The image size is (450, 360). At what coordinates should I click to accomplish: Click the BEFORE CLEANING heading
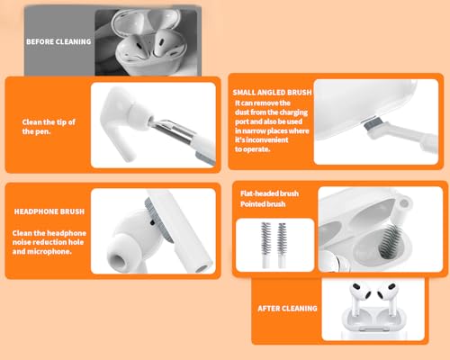[58, 41]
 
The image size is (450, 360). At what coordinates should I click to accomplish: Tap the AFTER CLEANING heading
[287, 309]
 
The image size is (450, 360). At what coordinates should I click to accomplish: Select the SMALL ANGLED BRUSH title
[273, 93]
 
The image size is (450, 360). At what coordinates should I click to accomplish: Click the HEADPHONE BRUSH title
[49, 211]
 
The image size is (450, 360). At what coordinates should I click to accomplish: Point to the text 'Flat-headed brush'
[269, 193]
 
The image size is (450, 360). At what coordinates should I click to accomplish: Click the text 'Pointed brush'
[263, 204]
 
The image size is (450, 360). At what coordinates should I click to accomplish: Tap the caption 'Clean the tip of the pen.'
[49, 127]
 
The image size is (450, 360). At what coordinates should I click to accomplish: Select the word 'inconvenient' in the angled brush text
[267, 139]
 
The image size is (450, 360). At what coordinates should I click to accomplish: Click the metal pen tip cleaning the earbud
[171, 130]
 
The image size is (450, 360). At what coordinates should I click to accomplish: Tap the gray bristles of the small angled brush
[372, 123]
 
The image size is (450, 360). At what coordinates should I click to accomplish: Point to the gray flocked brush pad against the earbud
[157, 219]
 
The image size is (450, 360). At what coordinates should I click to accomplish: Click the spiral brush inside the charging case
[389, 238]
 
